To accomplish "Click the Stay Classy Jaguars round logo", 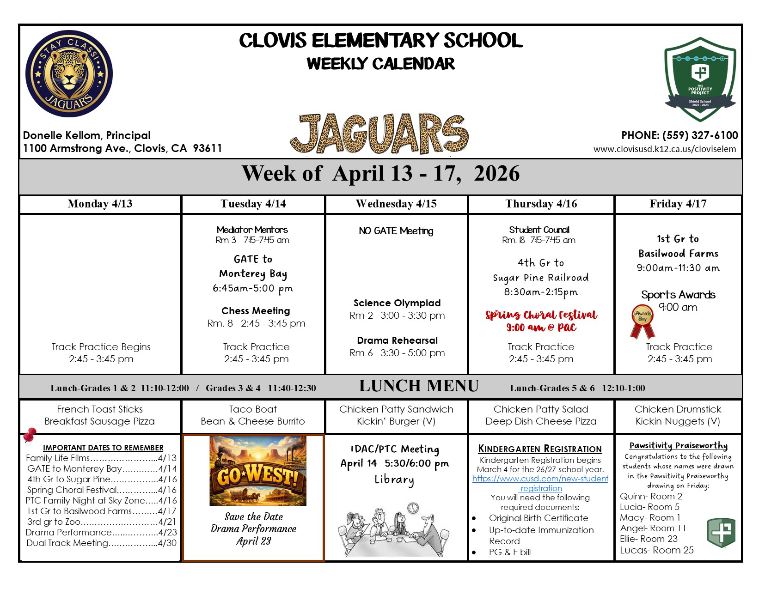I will click(69, 73).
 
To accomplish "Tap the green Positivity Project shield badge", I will click(700, 79).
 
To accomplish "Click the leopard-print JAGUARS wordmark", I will click(379, 134).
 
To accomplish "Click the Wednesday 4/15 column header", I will click(396, 204).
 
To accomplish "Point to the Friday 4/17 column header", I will click(678, 204).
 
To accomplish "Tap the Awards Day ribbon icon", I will click(643, 322).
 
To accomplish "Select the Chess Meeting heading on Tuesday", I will click(256, 311).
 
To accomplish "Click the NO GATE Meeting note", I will click(396, 231).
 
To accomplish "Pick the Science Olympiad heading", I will click(397, 303).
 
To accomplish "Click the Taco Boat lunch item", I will click(253, 409).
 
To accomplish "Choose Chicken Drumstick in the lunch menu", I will click(678, 409).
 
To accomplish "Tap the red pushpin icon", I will click(30, 435).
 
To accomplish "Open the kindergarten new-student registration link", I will click(540, 483).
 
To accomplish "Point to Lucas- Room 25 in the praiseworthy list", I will click(656, 550).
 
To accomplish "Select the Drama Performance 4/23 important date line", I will click(101, 532).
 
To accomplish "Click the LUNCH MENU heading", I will click(419, 386).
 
